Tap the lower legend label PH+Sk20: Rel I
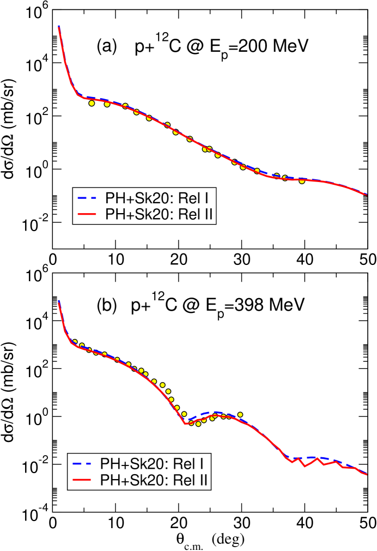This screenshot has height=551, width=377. tap(152, 464)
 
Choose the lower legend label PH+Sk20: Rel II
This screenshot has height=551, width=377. tap(154, 480)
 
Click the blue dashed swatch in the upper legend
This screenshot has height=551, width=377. tap(87, 198)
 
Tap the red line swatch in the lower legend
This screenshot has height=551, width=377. tap(82, 480)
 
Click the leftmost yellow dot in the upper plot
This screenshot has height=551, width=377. tap(92, 103)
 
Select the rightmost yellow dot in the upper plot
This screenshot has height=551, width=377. tap(302, 181)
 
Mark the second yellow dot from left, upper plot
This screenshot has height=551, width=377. tap(107, 104)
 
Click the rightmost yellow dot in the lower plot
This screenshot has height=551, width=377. tap(240, 415)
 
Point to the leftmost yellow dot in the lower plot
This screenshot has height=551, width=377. tap(75, 342)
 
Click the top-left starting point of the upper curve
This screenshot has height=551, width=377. tap(58, 27)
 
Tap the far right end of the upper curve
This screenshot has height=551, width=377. tap(366, 195)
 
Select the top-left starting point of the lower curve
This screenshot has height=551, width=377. tap(58, 301)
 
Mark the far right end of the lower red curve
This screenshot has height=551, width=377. tap(367, 475)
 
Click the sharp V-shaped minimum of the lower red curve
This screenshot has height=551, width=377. tap(186, 423)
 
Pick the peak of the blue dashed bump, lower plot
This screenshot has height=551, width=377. tap(215, 412)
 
